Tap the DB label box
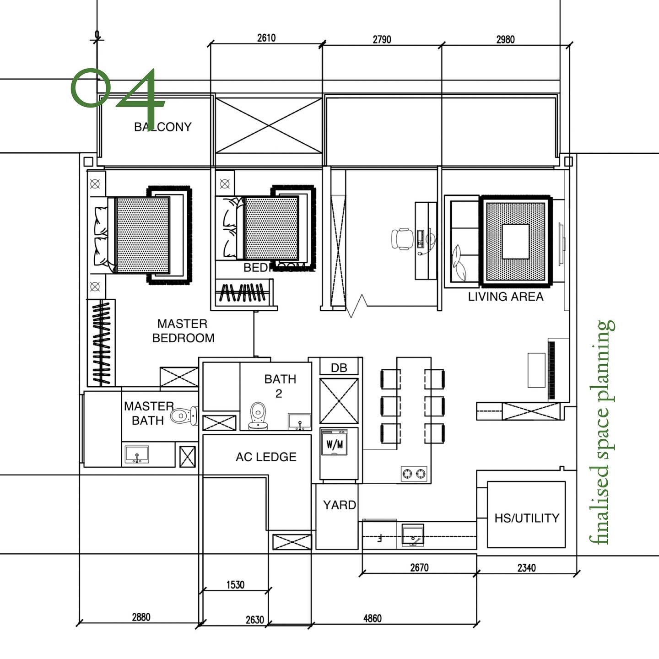coord(339,367)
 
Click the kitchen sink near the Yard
coord(413,535)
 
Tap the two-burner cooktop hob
coord(414,474)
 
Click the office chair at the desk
coord(402,239)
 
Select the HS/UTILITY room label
coord(526,518)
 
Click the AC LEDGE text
coord(266,457)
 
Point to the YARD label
coord(339,505)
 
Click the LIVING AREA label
coord(505,297)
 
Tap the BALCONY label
coord(163,127)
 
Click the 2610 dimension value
coord(266,38)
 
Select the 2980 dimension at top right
coord(505,39)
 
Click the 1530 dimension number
coord(235,584)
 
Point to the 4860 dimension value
coord(372,618)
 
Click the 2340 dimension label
coord(526,568)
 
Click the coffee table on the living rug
coord(516,242)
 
